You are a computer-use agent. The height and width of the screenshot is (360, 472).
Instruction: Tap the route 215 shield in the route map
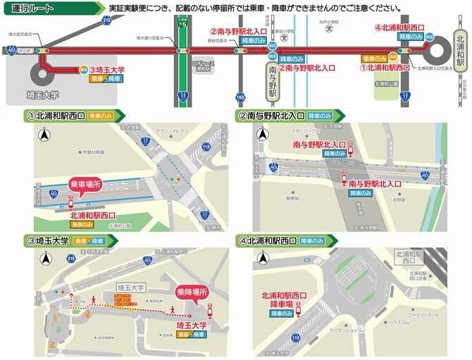coord(106,21)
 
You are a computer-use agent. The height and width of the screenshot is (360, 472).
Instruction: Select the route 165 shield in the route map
coord(241,96)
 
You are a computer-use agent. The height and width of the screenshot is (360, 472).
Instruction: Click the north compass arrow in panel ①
coord(44,135)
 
